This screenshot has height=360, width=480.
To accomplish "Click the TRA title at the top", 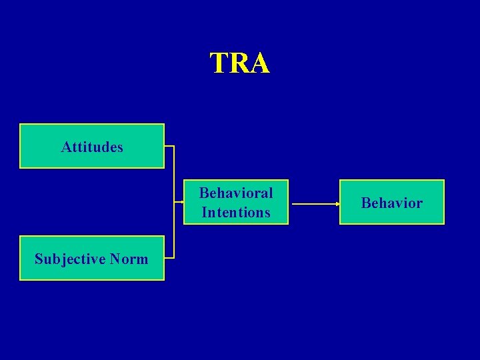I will click(240, 63).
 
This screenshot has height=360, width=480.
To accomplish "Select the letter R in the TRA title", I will click(239, 63).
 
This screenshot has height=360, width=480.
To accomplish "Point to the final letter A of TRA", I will click(259, 63).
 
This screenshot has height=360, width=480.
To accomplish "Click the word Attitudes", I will click(92, 147).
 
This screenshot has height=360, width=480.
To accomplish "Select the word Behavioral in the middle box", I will click(236, 193).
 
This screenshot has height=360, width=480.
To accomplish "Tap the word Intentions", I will click(236, 213).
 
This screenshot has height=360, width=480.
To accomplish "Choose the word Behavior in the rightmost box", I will click(391, 203).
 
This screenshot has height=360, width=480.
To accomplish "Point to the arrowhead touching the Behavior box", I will click(336, 202).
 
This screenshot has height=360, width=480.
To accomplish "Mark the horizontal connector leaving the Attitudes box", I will click(169, 145).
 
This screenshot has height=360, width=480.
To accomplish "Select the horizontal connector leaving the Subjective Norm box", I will click(169, 257).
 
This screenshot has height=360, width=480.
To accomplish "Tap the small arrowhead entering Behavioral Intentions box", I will click(181, 201).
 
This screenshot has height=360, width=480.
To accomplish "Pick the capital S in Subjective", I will click(39, 259).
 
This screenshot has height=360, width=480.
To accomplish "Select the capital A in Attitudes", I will click(65, 147).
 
